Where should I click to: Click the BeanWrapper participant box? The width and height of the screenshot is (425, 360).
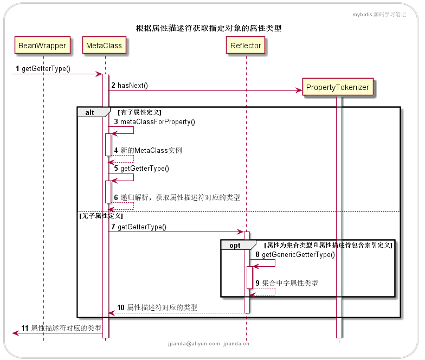tap(42, 46)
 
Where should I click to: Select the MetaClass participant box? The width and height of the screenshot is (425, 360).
tap(104, 46)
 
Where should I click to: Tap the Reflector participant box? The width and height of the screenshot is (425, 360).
tap(246, 46)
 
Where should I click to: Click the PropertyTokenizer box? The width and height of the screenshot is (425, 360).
tap(338, 87)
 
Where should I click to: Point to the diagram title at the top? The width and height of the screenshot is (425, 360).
tap(209, 28)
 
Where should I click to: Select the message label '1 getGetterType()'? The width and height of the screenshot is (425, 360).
tap(43, 69)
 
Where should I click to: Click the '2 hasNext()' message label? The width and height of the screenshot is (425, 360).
tap(130, 85)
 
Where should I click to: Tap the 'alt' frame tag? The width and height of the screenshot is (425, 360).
tap(89, 112)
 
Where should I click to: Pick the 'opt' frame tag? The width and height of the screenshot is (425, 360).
tap(235, 245)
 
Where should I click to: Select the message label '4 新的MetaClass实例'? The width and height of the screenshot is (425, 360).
tap(147, 150)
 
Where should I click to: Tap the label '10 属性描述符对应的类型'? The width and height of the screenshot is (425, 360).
tap(157, 307)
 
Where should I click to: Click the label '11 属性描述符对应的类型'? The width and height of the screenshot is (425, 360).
tap(61, 328)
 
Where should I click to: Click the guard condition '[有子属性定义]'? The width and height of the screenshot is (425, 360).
tap(139, 112)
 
